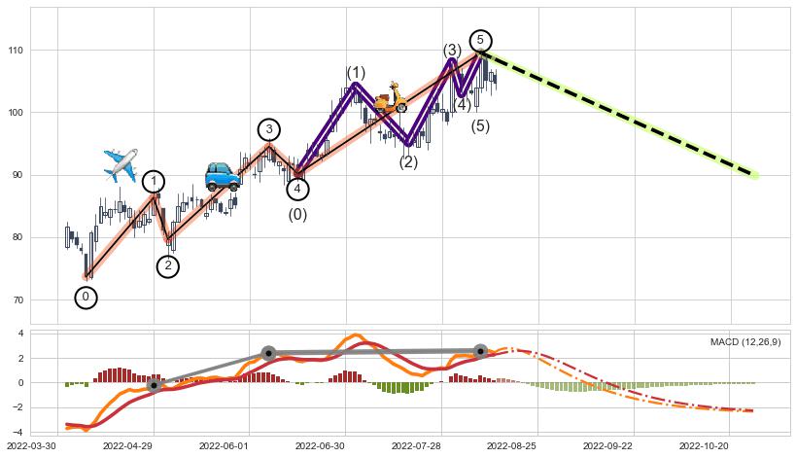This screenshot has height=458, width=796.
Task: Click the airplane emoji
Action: pos(121,165)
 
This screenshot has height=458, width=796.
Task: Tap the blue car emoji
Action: pos(223,176)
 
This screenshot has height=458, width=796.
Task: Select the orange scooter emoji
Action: pos(391,99)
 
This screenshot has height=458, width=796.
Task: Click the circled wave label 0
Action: pos(86,298)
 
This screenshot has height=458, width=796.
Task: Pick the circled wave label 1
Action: pos(154,182)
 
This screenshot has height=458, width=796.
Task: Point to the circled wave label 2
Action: pos(168,266)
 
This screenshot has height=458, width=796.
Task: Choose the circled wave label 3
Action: pos(269,130)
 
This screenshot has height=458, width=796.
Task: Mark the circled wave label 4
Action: pos(298,190)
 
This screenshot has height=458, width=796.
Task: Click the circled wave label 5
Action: pos(480,40)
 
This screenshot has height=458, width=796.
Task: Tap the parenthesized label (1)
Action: pos(356,74)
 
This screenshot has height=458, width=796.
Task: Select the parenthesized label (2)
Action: pos(408,162)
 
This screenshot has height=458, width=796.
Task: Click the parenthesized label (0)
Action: pos(297,215)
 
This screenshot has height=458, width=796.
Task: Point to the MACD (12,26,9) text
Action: pos(745,342)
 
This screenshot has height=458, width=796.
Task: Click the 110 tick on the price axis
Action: pos(17,50)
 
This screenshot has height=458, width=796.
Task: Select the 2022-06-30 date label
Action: pos(321,446)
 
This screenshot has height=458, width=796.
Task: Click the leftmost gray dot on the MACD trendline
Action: pos(154,386)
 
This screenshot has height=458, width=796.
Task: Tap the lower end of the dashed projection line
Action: pos(754,175)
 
